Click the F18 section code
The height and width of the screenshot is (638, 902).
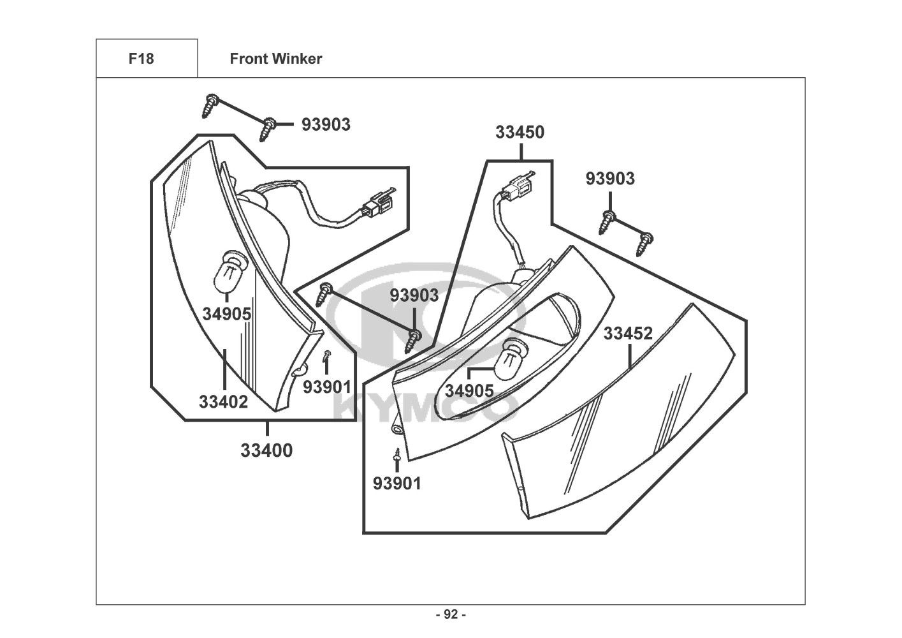pyautogui.click(x=141, y=59)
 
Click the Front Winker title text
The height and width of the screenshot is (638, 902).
pyautogui.click(x=276, y=59)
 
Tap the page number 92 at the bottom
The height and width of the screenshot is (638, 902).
pyautogui.click(x=451, y=614)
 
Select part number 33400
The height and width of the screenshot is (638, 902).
pyautogui.click(x=266, y=450)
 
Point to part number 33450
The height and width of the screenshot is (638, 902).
pyautogui.click(x=520, y=132)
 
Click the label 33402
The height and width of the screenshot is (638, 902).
pyautogui.click(x=224, y=402)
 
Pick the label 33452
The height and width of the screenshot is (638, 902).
pyautogui.click(x=628, y=333)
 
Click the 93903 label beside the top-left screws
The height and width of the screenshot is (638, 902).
pyautogui.click(x=326, y=124)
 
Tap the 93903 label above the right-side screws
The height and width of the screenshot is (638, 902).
pyautogui.click(x=610, y=179)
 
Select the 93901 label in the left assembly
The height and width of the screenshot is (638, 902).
pyautogui.click(x=327, y=387)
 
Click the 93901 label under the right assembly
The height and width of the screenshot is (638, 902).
pyautogui.click(x=397, y=484)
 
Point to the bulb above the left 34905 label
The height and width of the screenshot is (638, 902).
pyautogui.click(x=227, y=272)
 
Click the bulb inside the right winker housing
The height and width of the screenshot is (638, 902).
pyautogui.click(x=510, y=360)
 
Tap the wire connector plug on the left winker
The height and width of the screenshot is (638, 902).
pyautogui.click(x=378, y=204)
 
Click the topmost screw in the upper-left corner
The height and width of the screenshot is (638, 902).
pyautogui.click(x=210, y=106)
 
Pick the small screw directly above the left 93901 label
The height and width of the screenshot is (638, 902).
pyautogui.click(x=327, y=355)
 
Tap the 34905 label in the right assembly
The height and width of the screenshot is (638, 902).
pyautogui.click(x=469, y=391)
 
